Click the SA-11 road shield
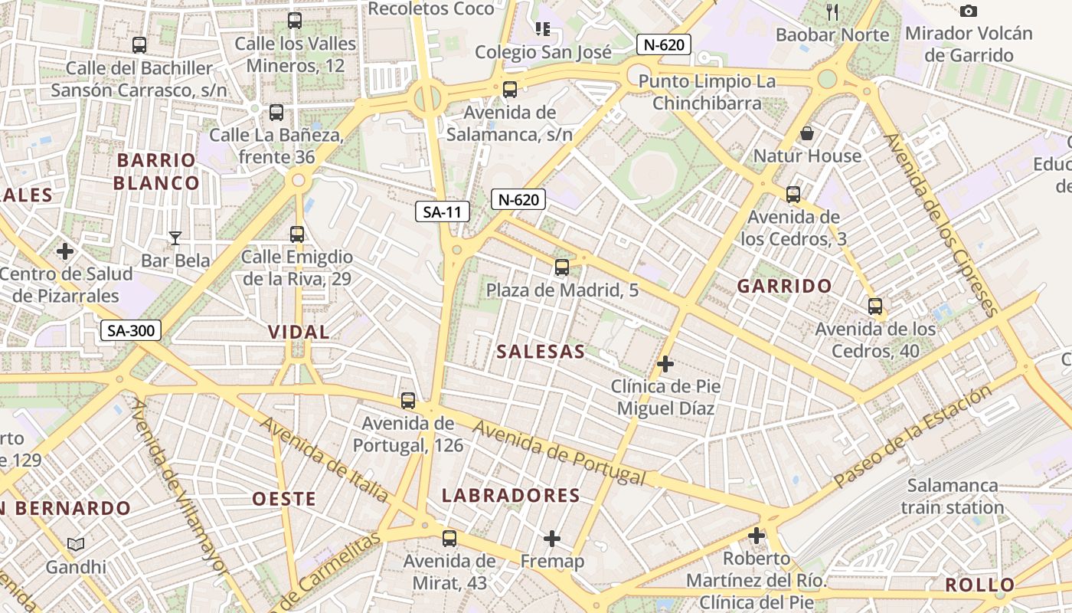[443, 212]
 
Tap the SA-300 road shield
[131, 331]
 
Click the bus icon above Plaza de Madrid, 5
[562, 267]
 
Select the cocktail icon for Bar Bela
[175, 238]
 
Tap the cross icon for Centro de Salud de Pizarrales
[65, 251]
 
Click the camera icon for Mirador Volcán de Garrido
[969, 11]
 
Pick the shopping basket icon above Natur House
[807, 134]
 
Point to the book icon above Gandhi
[75, 545]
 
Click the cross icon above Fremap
[551, 539]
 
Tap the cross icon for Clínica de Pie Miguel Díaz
[665, 363]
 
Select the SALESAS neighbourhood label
[541, 352]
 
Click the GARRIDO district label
[784, 287]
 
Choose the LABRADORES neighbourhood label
[511, 496]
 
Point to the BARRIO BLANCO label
[156, 172]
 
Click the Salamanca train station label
[953, 497]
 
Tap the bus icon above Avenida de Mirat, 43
[449, 538]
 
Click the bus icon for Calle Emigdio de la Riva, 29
[297, 234]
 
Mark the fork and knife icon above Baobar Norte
[833, 11]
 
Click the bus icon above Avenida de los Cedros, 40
[875, 306]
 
